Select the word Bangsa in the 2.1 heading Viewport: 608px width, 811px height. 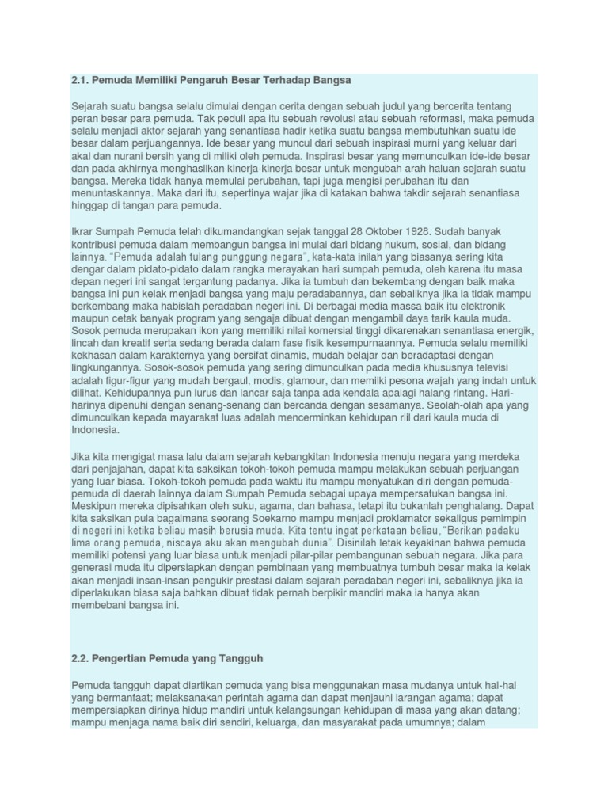332,81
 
